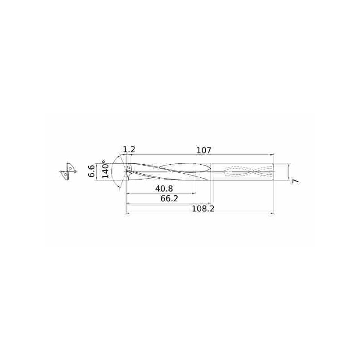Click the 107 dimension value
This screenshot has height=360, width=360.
[x=204, y=150]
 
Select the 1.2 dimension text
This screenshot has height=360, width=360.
[x=129, y=149]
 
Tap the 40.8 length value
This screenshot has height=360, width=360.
[x=164, y=188]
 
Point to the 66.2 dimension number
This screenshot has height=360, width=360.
[x=169, y=198]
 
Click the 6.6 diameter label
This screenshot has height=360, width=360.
[x=91, y=171]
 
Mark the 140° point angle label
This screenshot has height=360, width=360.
[x=105, y=170]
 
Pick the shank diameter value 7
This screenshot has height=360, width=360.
[x=295, y=180]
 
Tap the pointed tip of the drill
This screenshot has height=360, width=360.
[x=126, y=171]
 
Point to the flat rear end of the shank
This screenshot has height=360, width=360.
[x=273, y=171]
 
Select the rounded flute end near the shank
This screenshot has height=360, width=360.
[x=209, y=171]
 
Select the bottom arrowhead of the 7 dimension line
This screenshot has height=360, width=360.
[x=288, y=178]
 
